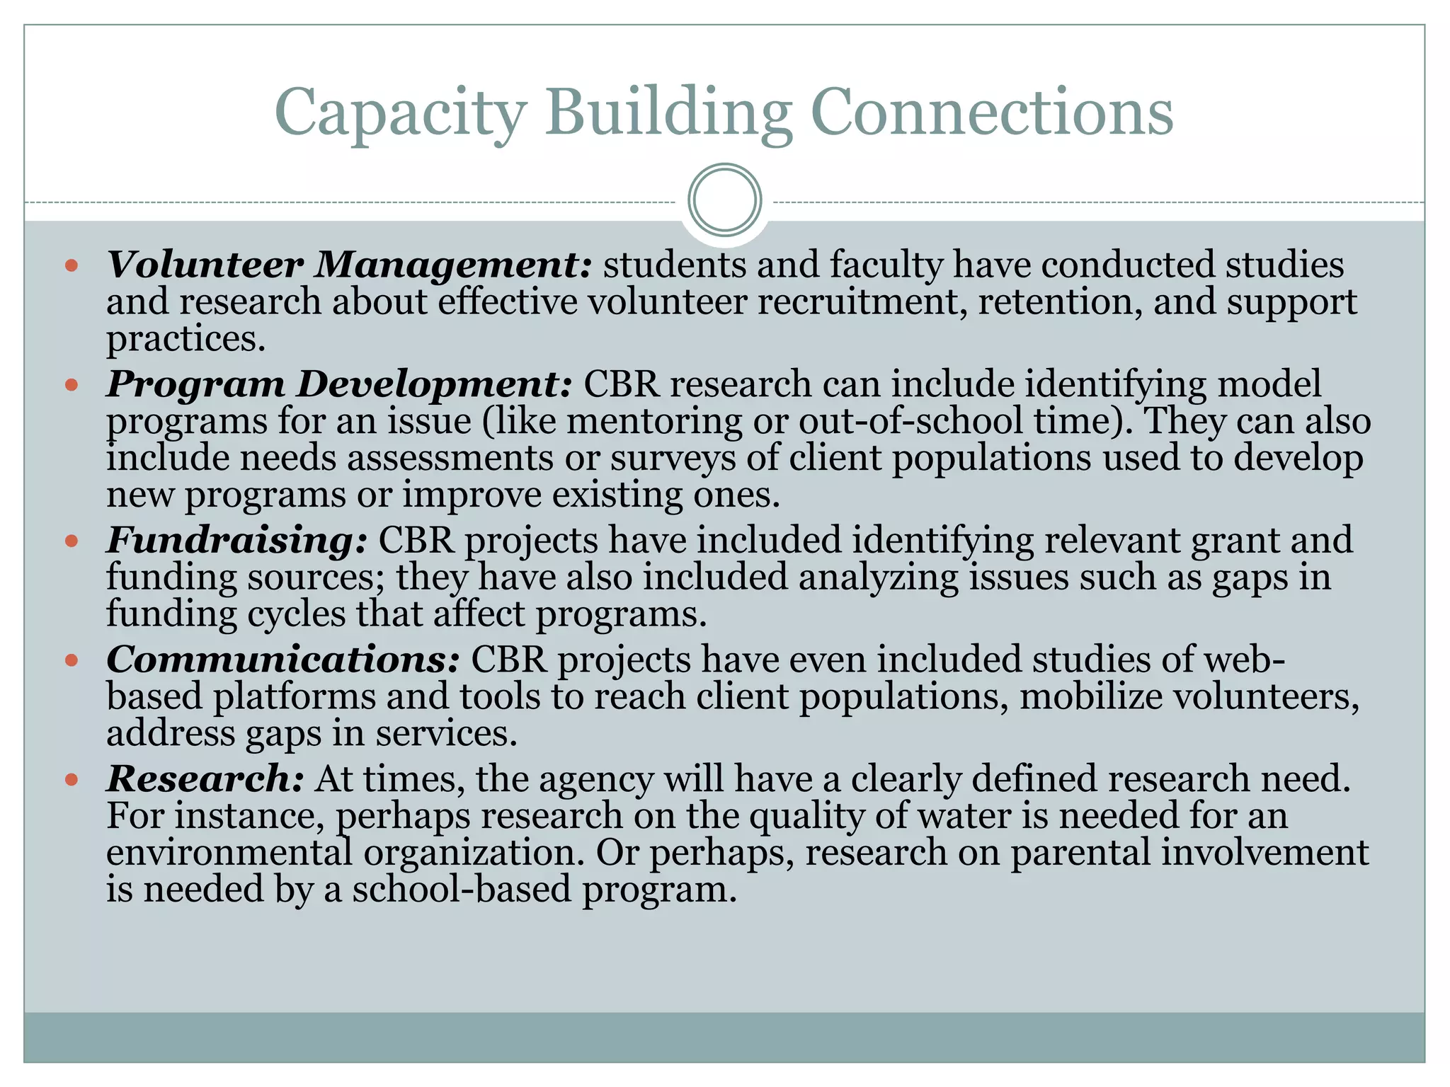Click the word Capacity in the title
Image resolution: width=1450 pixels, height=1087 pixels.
[x=400, y=113]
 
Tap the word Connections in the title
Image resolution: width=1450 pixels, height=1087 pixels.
[x=991, y=113]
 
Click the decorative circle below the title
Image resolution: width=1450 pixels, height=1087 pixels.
[x=724, y=200]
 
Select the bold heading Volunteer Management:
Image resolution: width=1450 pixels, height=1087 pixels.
[x=348, y=265]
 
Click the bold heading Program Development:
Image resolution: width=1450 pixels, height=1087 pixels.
[x=338, y=384]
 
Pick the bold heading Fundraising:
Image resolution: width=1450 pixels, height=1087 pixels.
[x=236, y=540]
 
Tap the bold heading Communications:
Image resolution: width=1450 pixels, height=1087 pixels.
[x=282, y=660]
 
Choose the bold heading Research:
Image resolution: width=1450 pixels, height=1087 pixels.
[x=205, y=778]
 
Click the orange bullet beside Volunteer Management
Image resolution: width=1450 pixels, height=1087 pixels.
[x=71, y=266]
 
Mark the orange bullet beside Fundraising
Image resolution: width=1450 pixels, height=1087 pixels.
[x=71, y=541]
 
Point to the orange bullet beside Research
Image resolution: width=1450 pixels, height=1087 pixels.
[x=71, y=780]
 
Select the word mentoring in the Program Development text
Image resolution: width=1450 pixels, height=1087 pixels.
[x=654, y=421]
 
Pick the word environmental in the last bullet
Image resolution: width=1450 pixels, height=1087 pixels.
[x=229, y=852]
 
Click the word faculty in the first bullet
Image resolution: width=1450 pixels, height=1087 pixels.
[x=886, y=265]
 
